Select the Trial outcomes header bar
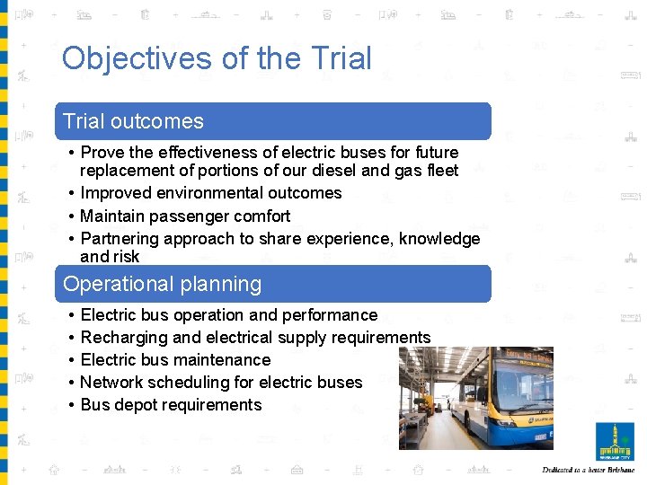(274, 121)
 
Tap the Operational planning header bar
(274, 284)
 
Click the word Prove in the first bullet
(102, 153)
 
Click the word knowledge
(435, 239)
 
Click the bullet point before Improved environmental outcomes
(70, 193)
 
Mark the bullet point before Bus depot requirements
(70, 405)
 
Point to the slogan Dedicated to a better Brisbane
(589, 471)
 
